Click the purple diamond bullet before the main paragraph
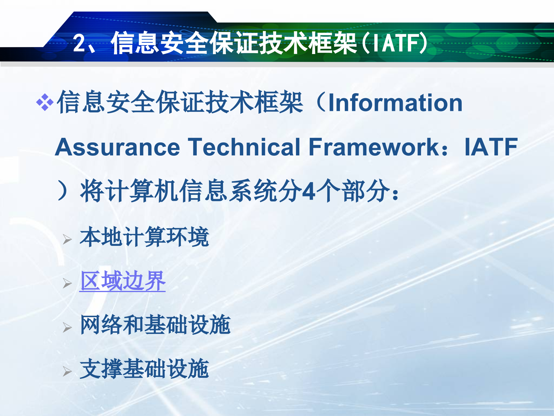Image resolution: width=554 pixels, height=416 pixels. tap(45, 102)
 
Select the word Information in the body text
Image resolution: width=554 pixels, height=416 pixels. tap(395, 103)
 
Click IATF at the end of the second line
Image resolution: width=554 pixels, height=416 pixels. tap(491, 147)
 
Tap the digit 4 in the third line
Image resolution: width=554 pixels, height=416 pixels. tap(310, 191)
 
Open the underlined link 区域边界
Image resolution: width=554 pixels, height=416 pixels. tap(123, 281)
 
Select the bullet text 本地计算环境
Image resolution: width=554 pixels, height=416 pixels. tap(144, 237)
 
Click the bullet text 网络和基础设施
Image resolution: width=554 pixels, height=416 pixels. tap(155, 325)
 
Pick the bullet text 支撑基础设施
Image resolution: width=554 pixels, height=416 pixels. tap(144, 369)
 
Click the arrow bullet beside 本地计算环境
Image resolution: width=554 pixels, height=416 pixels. tap(67, 239)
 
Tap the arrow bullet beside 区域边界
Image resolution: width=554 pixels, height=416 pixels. tap(67, 283)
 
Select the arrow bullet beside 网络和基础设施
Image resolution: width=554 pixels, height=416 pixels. tap(67, 327)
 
